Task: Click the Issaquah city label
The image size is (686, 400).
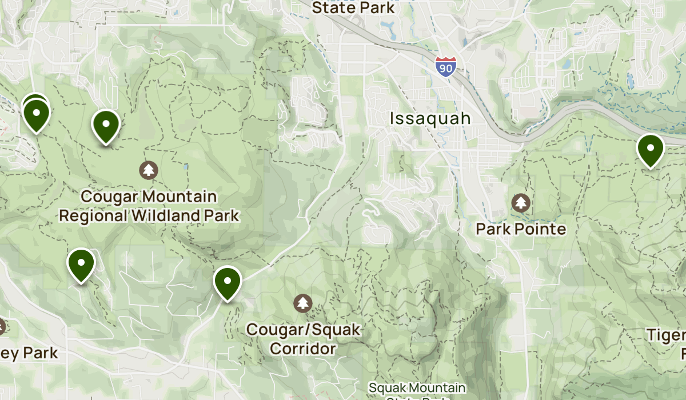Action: coord(430,118)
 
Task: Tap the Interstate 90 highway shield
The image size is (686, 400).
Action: coord(445,67)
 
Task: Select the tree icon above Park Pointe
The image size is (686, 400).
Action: coord(520,202)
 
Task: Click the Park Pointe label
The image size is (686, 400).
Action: coord(521,229)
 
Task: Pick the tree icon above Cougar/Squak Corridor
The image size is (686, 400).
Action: coord(302,303)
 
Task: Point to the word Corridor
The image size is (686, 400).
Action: coord(302,348)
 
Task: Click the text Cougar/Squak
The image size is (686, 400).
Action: coord(304,330)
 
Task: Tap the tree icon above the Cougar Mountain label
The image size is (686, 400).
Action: coord(149,170)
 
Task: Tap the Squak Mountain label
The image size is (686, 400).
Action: coord(417,389)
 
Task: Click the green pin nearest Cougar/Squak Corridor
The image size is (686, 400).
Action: coord(228,282)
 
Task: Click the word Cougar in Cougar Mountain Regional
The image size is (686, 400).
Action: coord(111,197)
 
